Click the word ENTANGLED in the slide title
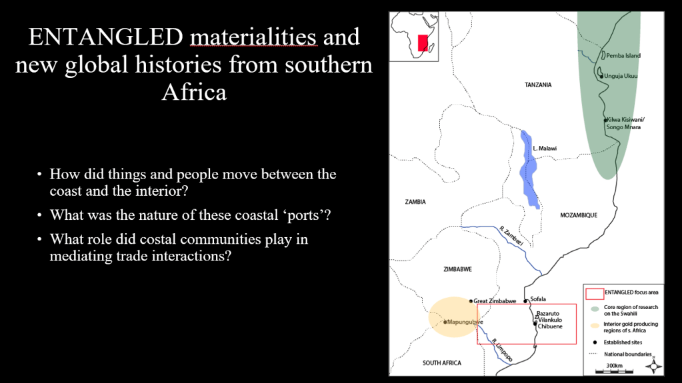[106, 37]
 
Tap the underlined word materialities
[253, 37]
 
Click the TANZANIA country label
[538, 85]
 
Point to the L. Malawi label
[545, 149]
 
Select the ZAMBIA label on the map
[415, 202]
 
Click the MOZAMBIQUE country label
[579, 215]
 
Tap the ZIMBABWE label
[457, 269]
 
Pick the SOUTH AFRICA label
[442, 362]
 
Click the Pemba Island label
[623, 56]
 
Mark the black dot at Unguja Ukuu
[601, 77]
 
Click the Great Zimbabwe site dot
[471, 301]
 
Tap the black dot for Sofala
[525, 301]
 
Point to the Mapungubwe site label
[465, 322]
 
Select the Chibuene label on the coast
[550, 326]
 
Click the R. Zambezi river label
[511, 236]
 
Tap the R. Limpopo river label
[503, 350]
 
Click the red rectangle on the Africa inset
[423, 43]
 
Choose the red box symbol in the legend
[595, 294]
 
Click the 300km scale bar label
[614, 366]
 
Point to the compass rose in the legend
[653, 366]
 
